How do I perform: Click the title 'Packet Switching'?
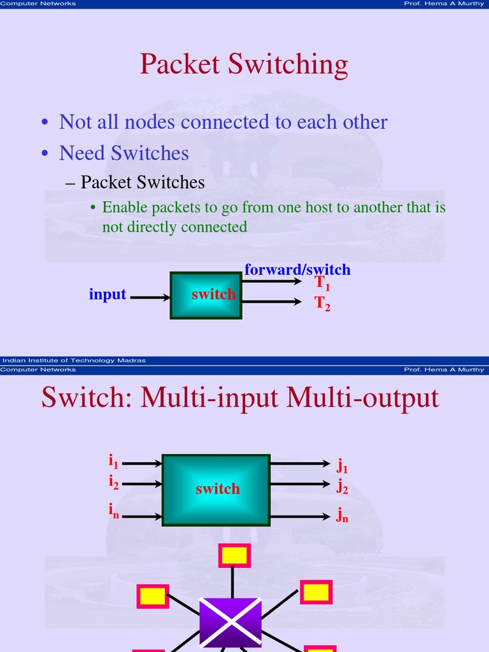pyautogui.click(x=244, y=65)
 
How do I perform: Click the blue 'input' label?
pyautogui.click(x=108, y=295)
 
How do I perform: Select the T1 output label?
pyautogui.click(x=322, y=283)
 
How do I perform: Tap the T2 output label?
pyautogui.click(x=322, y=303)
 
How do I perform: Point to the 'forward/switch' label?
pyautogui.click(x=297, y=269)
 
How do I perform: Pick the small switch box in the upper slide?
pyautogui.click(x=206, y=295)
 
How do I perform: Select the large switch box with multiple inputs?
pyautogui.click(x=216, y=489)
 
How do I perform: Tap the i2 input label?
pyautogui.click(x=113, y=483)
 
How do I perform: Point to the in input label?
pyautogui.click(x=113, y=511)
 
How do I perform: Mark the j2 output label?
pyautogui.click(x=342, y=488)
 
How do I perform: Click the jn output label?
pyautogui.click(x=342, y=515)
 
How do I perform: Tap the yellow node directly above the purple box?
pyautogui.click(x=234, y=555)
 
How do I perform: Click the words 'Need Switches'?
pyautogui.click(x=124, y=153)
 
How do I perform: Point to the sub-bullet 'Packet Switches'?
pyautogui.click(x=142, y=183)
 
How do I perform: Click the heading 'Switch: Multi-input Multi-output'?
pyautogui.click(x=240, y=398)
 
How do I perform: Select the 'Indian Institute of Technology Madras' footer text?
pyautogui.click(x=73, y=360)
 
